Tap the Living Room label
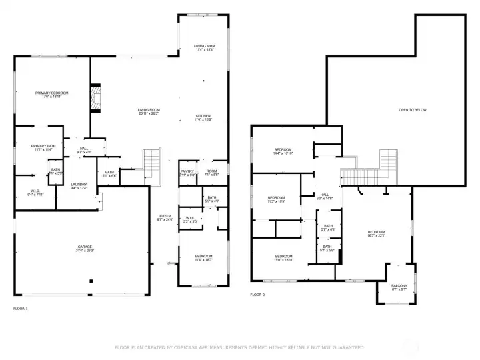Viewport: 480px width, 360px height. click(149, 111)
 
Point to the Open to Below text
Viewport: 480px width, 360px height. click(412, 109)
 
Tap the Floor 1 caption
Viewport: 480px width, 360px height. click(21, 308)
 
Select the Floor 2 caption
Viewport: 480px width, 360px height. click(257, 294)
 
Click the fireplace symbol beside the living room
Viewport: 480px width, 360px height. click(95, 97)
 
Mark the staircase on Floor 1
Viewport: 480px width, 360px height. click(153, 164)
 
